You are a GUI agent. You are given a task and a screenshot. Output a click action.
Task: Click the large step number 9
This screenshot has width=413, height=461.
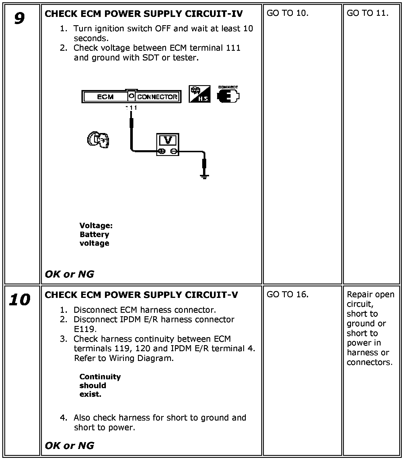pyautogui.click(x=19, y=19)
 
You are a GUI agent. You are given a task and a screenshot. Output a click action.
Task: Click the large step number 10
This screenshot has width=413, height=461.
pyautogui.click(x=20, y=300)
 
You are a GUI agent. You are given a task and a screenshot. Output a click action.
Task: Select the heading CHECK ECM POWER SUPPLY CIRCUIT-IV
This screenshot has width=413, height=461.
pyautogui.click(x=144, y=14)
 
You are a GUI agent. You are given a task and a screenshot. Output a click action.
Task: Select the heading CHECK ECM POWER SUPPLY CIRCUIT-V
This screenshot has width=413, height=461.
pyautogui.click(x=141, y=295)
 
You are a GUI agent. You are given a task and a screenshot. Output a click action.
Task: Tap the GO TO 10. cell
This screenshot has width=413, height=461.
pyautogui.click(x=287, y=13)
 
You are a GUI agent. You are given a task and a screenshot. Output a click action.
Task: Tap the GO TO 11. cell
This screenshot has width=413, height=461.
pyautogui.click(x=367, y=13)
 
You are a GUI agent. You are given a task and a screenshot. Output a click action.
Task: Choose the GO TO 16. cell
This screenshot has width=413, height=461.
pyautogui.click(x=287, y=294)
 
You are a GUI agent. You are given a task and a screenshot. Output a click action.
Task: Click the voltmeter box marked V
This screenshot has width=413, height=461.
pyautogui.click(x=168, y=144)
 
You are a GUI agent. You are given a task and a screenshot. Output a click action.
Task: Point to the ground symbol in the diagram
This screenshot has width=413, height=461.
pyautogui.click(x=204, y=176)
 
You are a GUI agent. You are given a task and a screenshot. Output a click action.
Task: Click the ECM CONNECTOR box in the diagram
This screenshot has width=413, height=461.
pyautogui.click(x=131, y=97)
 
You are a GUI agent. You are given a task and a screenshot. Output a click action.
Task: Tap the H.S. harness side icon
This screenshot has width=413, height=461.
pyautogui.click(x=199, y=94)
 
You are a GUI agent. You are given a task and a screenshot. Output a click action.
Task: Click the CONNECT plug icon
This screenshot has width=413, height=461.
pyautogui.click(x=228, y=95)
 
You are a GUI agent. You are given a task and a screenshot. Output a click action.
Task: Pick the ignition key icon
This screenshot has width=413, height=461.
pyautogui.click(x=98, y=140)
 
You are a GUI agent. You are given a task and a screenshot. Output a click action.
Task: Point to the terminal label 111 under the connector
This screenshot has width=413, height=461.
pyautogui.click(x=131, y=108)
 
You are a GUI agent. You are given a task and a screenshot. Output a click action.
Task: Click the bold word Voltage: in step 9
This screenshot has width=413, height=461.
pyautogui.click(x=96, y=226)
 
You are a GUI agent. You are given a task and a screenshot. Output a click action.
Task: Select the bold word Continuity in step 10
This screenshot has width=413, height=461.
pyautogui.click(x=100, y=377)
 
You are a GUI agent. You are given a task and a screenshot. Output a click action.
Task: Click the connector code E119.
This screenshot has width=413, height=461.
pyautogui.click(x=85, y=329)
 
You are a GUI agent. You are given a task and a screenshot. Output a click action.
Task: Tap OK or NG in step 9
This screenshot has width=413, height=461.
pyautogui.click(x=69, y=274)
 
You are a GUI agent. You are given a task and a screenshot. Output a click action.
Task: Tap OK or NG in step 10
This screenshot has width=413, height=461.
pyautogui.click(x=69, y=446)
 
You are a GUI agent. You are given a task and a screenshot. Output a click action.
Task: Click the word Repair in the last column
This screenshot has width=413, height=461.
pyautogui.click(x=359, y=294)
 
